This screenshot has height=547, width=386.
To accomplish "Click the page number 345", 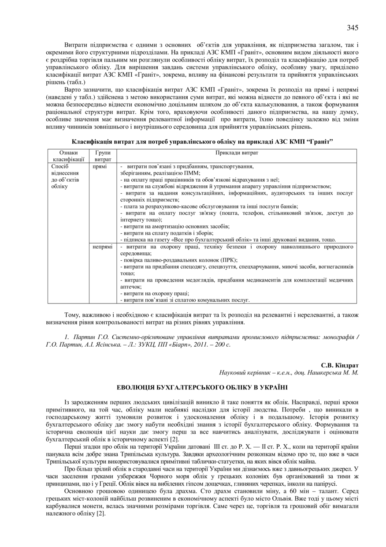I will click(x=352, y=27).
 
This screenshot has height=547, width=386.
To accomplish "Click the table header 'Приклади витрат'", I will click(x=237, y=153).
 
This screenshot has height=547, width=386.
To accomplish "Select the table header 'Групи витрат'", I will click(x=103, y=156).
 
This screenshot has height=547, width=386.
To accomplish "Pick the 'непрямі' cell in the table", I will click(x=103, y=247).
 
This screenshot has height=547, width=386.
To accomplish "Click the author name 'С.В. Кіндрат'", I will click(x=340, y=365).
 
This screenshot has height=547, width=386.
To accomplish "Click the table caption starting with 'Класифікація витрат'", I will click(x=202, y=141).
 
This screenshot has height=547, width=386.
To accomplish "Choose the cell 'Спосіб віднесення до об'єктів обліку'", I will click(x=66, y=176).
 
